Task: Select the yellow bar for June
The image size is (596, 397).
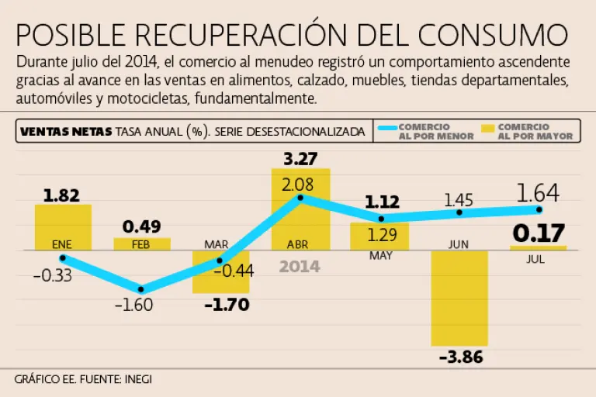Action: click(459, 298)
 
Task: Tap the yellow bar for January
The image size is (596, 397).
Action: click(63, 227)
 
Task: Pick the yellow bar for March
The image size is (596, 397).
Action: click(220, 271)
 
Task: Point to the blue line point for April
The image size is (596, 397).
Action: click(300, 198)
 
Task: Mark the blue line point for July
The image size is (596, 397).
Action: click(539, 209)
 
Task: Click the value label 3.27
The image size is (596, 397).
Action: click(300, 160)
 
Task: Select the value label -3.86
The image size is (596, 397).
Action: click(459, 357)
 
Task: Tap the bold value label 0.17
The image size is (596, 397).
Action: click(538, 233)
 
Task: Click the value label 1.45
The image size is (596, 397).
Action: click(459, 200)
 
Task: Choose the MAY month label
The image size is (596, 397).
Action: click(380, 256)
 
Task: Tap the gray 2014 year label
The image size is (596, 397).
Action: click(300, 267)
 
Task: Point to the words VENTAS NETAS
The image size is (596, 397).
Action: click(65, 132)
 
